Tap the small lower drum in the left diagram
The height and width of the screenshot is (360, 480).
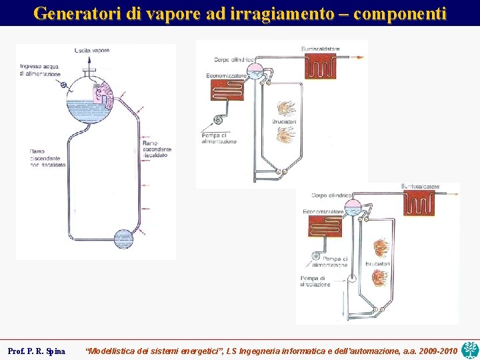coord(124,239)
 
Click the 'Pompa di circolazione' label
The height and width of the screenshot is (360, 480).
coord(315,281)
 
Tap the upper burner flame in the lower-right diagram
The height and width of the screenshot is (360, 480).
coord(381,248)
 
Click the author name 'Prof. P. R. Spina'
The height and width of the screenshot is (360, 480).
coord(37,351)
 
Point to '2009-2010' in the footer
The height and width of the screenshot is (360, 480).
coord(437,351)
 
